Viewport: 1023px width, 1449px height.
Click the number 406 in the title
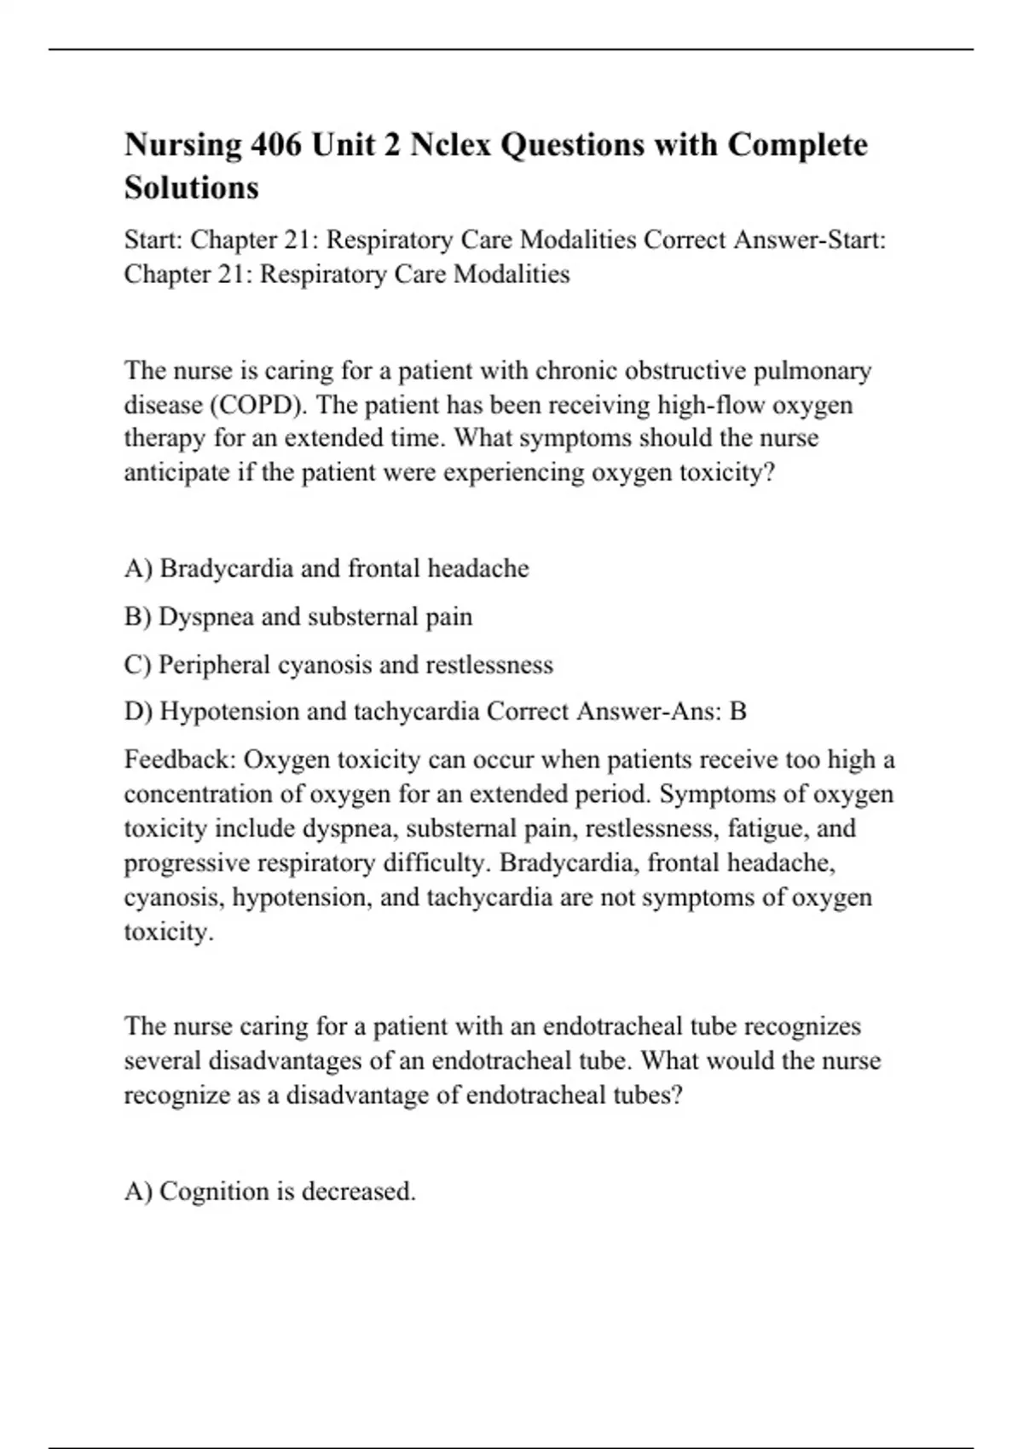coord(275,145)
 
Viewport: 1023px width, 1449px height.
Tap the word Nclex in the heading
coord(449,145)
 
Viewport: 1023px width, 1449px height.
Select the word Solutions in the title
coord(191,188)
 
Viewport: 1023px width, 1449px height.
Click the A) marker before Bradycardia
coord(138,569)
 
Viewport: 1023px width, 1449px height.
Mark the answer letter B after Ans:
coord(738,712)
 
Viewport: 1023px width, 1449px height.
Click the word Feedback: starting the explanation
coord(178,759)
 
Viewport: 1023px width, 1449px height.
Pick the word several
coord(162,1061)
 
